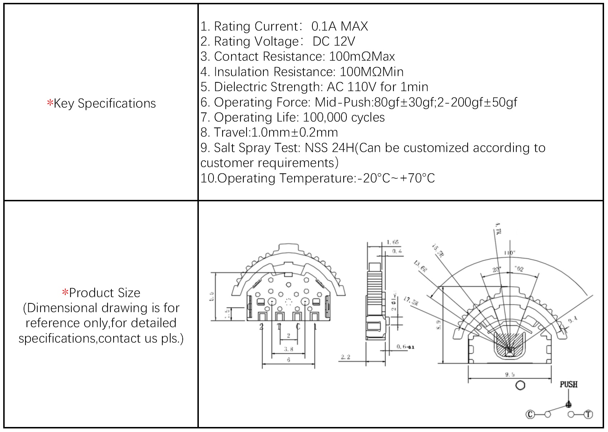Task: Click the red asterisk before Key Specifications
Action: pos(50,103)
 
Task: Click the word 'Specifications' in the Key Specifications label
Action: pos(117,104)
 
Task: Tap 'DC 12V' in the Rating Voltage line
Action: pos(334,42)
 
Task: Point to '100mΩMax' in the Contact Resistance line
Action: pos(362,57)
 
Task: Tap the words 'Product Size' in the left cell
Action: pos(105,293)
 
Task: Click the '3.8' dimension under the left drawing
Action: pos(288,349)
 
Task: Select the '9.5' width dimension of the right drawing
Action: pos(510,374)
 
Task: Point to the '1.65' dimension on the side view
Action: pos(393,243)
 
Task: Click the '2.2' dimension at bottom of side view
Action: pos(345,357)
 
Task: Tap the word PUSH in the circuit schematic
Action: pos(569,384)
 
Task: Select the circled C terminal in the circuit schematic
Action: pos(530,414)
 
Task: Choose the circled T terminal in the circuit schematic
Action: pos(588,414)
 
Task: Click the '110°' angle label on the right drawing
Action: pos(509,253)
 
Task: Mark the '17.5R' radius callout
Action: pos(411,301)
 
